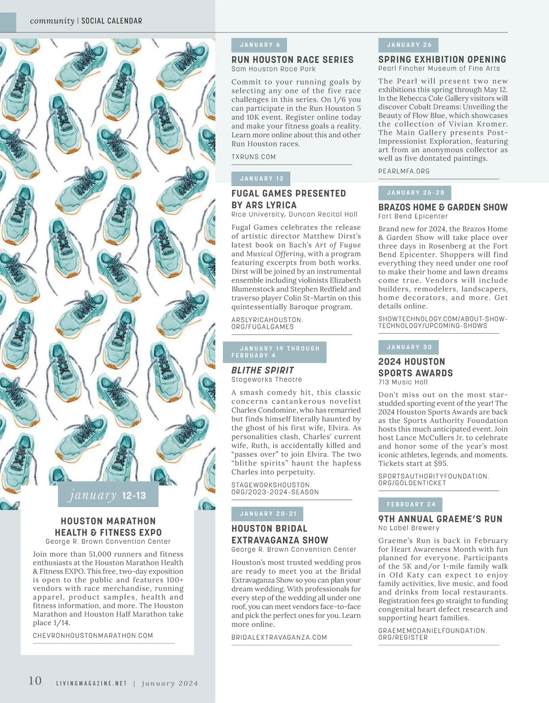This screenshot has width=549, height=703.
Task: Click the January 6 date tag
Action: [x=260, y=45]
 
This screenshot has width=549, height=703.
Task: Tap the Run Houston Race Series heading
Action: [x=292, y=59]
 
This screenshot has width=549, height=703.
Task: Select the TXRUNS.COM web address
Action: [x=253, y=157]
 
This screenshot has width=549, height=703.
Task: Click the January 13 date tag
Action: [x=261, y=178]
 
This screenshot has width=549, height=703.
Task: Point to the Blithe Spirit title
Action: [x=263, y=370]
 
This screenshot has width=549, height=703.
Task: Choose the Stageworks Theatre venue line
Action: [x=267, y=379]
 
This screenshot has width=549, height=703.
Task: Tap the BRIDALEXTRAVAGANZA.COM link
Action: [x=279, y=637]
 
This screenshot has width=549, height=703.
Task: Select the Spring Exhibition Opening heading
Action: [x=442, y=59]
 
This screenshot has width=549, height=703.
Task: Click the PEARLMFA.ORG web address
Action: [x=404, y=171]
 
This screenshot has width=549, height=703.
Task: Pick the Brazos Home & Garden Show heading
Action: [x=443, y=207]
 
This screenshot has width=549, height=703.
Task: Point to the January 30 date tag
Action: [x=409, y=347]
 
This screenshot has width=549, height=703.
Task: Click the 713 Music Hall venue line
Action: [x=403, y=382]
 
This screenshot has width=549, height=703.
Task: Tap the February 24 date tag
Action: [x=411, y=504]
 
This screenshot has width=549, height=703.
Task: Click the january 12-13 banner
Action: [x=108, y=495]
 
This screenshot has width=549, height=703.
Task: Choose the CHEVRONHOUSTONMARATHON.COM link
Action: [x=93, y=635]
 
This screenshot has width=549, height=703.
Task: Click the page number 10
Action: [x=35, y=681]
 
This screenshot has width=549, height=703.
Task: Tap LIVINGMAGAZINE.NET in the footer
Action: [x=91, y=683]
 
